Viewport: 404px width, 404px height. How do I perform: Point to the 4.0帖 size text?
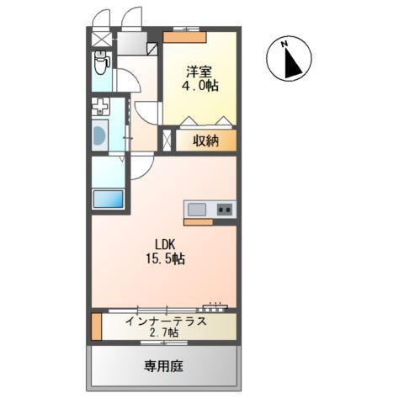199,86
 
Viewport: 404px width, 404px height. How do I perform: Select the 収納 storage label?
205,141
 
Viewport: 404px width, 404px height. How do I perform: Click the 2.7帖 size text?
165,333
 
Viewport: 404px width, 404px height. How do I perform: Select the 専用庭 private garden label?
164,367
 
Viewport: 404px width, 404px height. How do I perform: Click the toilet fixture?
101,62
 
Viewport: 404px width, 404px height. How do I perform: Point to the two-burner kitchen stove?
225,209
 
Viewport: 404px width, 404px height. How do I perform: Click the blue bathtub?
108,199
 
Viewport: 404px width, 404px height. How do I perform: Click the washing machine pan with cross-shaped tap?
101,107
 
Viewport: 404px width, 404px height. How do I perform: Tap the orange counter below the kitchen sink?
198,223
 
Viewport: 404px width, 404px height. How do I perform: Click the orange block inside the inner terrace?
96,327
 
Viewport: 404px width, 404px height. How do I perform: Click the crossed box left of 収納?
167,140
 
